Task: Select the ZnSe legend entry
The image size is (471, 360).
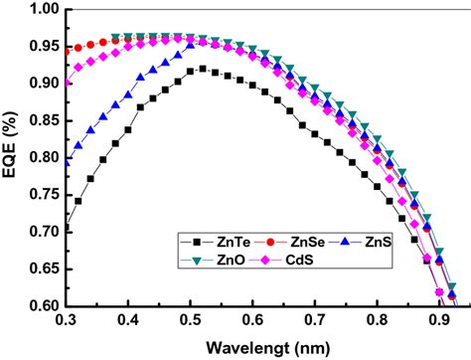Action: point(290,241)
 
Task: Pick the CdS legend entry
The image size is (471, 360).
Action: point(290,261)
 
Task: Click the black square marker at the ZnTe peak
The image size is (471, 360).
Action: point(203,69)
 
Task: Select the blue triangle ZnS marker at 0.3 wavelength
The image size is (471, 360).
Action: point(67,161)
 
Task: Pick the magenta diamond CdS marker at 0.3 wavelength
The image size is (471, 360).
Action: point(67,84)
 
